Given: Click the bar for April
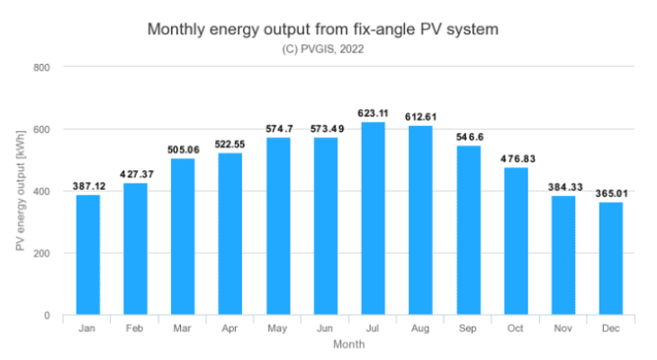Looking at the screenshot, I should pyautogui.click(x=230, y=234).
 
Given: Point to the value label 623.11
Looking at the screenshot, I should pyautogui.click(x=373, y=113).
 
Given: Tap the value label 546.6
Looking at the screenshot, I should pyautogui.click(x=468, y=137).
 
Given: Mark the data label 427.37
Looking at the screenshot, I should pyautogui.click(x=135, y=174).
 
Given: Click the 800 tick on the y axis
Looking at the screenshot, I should pyautogui.click(x=41, y=67).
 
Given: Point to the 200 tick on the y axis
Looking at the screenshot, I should pyautogui.click(x=41, y=254).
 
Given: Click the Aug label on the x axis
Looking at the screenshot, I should pyautogui.click(x=420, y=329).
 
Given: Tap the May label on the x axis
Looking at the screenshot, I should pyautogui.click(x=277, y=329).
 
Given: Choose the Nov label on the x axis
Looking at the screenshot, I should pyautogui.click(x=562, y=329).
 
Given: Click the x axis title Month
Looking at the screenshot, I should pyautogui.click(x=348, y=344).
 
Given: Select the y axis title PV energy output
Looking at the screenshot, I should pyautogui.click(x=21, y=190).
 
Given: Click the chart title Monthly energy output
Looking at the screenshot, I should pyautogui.click(x=322, y=30).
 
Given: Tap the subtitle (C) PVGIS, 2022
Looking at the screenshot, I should pyautogui.click(x=322, y=49).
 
